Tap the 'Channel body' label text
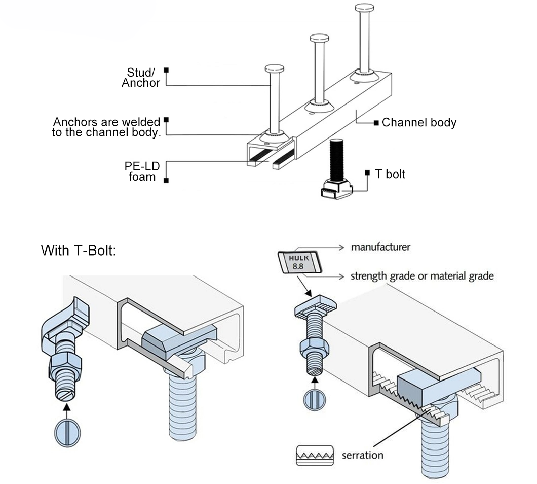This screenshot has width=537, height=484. (x=419, y=122)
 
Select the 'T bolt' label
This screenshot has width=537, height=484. (x=390, y=174)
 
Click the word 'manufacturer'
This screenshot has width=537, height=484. (x=380, y=248)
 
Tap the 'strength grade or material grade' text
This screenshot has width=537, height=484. (x=422, y=276)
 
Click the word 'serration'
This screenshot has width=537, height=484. (x=362, y=455)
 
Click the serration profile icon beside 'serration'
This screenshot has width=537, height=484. (x=314, y=455)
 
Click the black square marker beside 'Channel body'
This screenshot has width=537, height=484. (x=376, y=123)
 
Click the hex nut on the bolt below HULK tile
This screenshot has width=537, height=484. (x=314, y=349)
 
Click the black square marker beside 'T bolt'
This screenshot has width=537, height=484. (x=369, y=173)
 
